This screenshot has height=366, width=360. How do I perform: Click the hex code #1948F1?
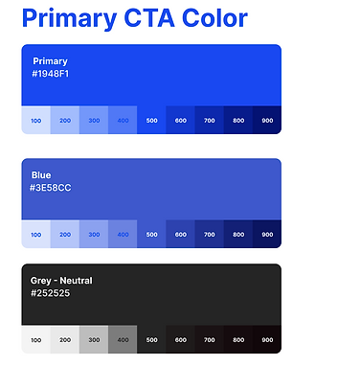(51, 74)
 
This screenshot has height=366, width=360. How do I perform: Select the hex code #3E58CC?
(51, 188)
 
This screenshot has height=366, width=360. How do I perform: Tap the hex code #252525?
(51, 293)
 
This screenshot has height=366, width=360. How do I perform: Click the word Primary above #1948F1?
(51, 61)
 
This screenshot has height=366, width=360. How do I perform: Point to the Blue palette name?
(41, 175)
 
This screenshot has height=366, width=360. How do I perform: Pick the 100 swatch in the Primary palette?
(36, 121)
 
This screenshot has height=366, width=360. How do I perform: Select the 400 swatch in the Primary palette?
(123, 121)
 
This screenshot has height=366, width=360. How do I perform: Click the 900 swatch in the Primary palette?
(267, 121)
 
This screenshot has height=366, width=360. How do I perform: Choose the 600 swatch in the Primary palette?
(181, 121)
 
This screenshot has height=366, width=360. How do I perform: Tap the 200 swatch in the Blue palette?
(65, 234)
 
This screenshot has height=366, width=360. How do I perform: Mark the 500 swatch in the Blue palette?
(151, 234)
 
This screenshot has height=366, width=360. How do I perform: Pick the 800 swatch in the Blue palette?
(238, 234)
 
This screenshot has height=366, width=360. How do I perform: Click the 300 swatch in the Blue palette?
(94, 234)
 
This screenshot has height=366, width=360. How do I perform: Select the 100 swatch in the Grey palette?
(36, 339)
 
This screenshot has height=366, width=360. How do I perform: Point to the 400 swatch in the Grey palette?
(123, 339)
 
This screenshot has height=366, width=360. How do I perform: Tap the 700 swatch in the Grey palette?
(210, 339)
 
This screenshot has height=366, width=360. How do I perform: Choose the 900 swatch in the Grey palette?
(267, 339)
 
